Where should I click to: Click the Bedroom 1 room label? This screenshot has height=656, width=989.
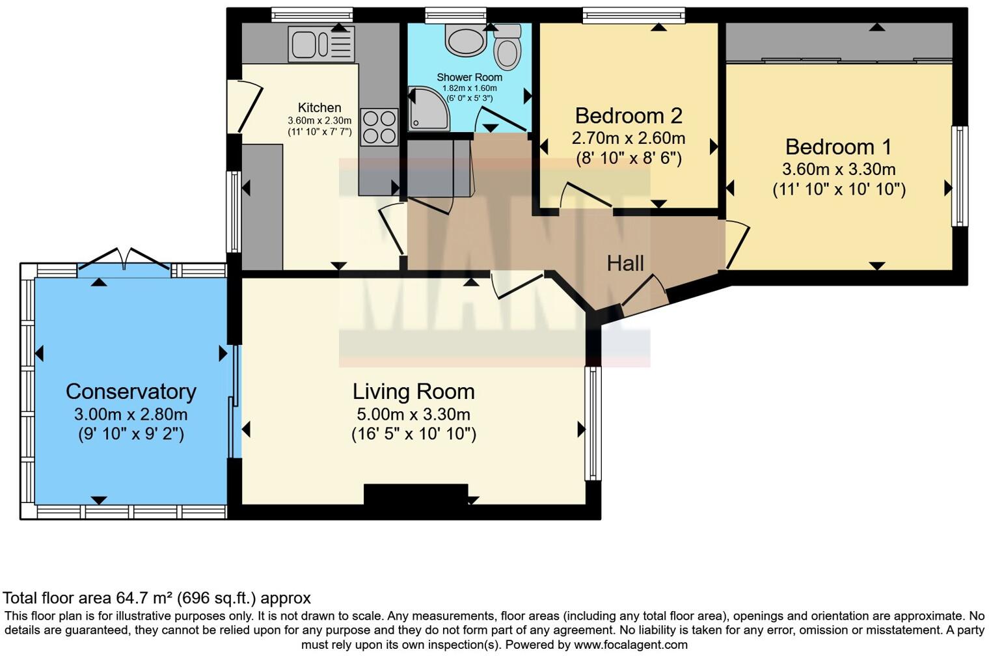click(x=838, y=147)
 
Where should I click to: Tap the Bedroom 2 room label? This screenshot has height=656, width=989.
click(x=629, y=116)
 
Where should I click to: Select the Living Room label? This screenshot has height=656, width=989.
click(x=413, y=392)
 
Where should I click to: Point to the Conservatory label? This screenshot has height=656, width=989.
click(x=131, y=392)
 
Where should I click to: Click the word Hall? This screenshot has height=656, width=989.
click(x=625, y=264)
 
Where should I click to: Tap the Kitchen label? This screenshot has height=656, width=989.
click(x=319, y=108)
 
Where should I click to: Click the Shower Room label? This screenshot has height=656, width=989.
click(x=469, y=77)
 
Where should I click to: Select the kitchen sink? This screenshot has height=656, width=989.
click(x=321, y=44)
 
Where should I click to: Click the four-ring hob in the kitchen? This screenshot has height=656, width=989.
click(x=379, y=127)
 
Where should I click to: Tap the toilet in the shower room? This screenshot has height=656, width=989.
click(x=508, y=48)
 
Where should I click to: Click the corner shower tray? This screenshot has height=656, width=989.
click(x=428, y=109)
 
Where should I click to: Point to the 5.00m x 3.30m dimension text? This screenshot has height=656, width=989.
click(x=413, y=415)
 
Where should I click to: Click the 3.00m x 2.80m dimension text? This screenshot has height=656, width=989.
click(x=131, y=415)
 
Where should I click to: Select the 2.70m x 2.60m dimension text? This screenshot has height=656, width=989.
click(x=629, y=139)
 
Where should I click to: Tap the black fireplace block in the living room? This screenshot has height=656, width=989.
click(x=416, y=495)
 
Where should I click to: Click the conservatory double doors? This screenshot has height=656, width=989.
click(x=124, y=259)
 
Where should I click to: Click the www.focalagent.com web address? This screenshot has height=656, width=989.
click(x=630, y=646)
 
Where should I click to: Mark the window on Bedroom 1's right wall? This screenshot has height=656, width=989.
click(x=959, y=176)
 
